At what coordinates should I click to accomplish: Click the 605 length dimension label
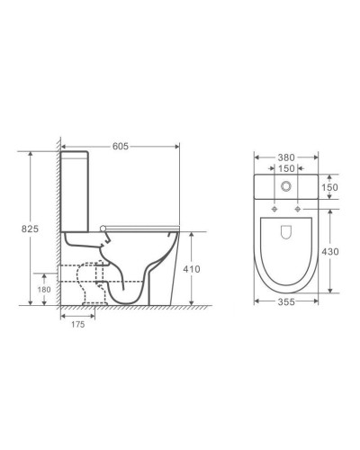pos(121,146)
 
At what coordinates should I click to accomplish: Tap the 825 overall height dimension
pos(30,229)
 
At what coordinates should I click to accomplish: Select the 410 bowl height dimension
pos(192,269)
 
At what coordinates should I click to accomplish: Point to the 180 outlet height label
pos(44,290)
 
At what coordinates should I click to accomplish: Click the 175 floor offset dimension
pos(78,324)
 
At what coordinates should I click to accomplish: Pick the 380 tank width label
pos(286,157)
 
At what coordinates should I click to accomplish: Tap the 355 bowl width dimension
pos(286,301)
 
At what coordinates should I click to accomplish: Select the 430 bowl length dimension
pos(330,251)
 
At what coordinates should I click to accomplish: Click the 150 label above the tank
pos(286,168)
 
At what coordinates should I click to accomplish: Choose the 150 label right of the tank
pos(329,187)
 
